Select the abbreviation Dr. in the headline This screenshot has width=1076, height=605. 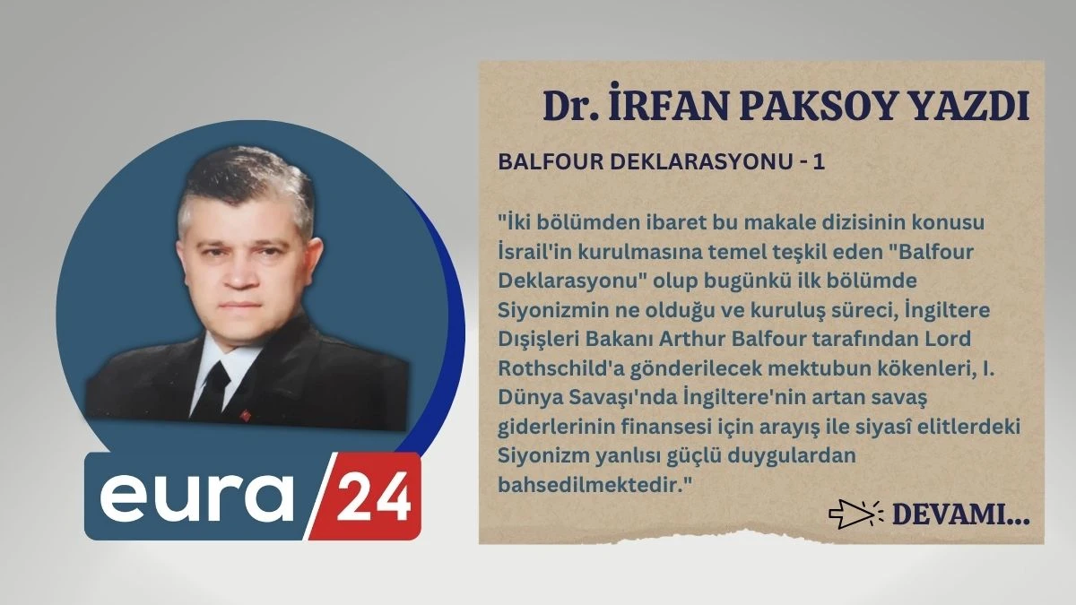click(570, 107)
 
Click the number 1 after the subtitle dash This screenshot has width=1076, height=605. click(816, 162)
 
